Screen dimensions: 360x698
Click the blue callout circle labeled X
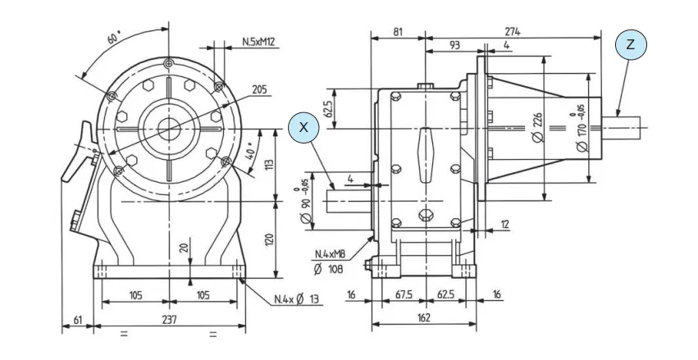pyautogui.click(x=304, y=127)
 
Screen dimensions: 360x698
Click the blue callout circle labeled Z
pyautogui.click(x=631, y=44)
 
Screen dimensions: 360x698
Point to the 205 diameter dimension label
pyautogui.click(x=259, y=89)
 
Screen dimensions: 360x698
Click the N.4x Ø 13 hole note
pyautogui.click(x=297, y=298)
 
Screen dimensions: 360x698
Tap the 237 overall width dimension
pyautogui.click(x=167, y=319)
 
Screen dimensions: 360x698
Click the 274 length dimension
pyautogui.click(x=513, y=31)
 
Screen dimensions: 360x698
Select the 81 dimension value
pyautogui.click(x=397, y=31)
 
